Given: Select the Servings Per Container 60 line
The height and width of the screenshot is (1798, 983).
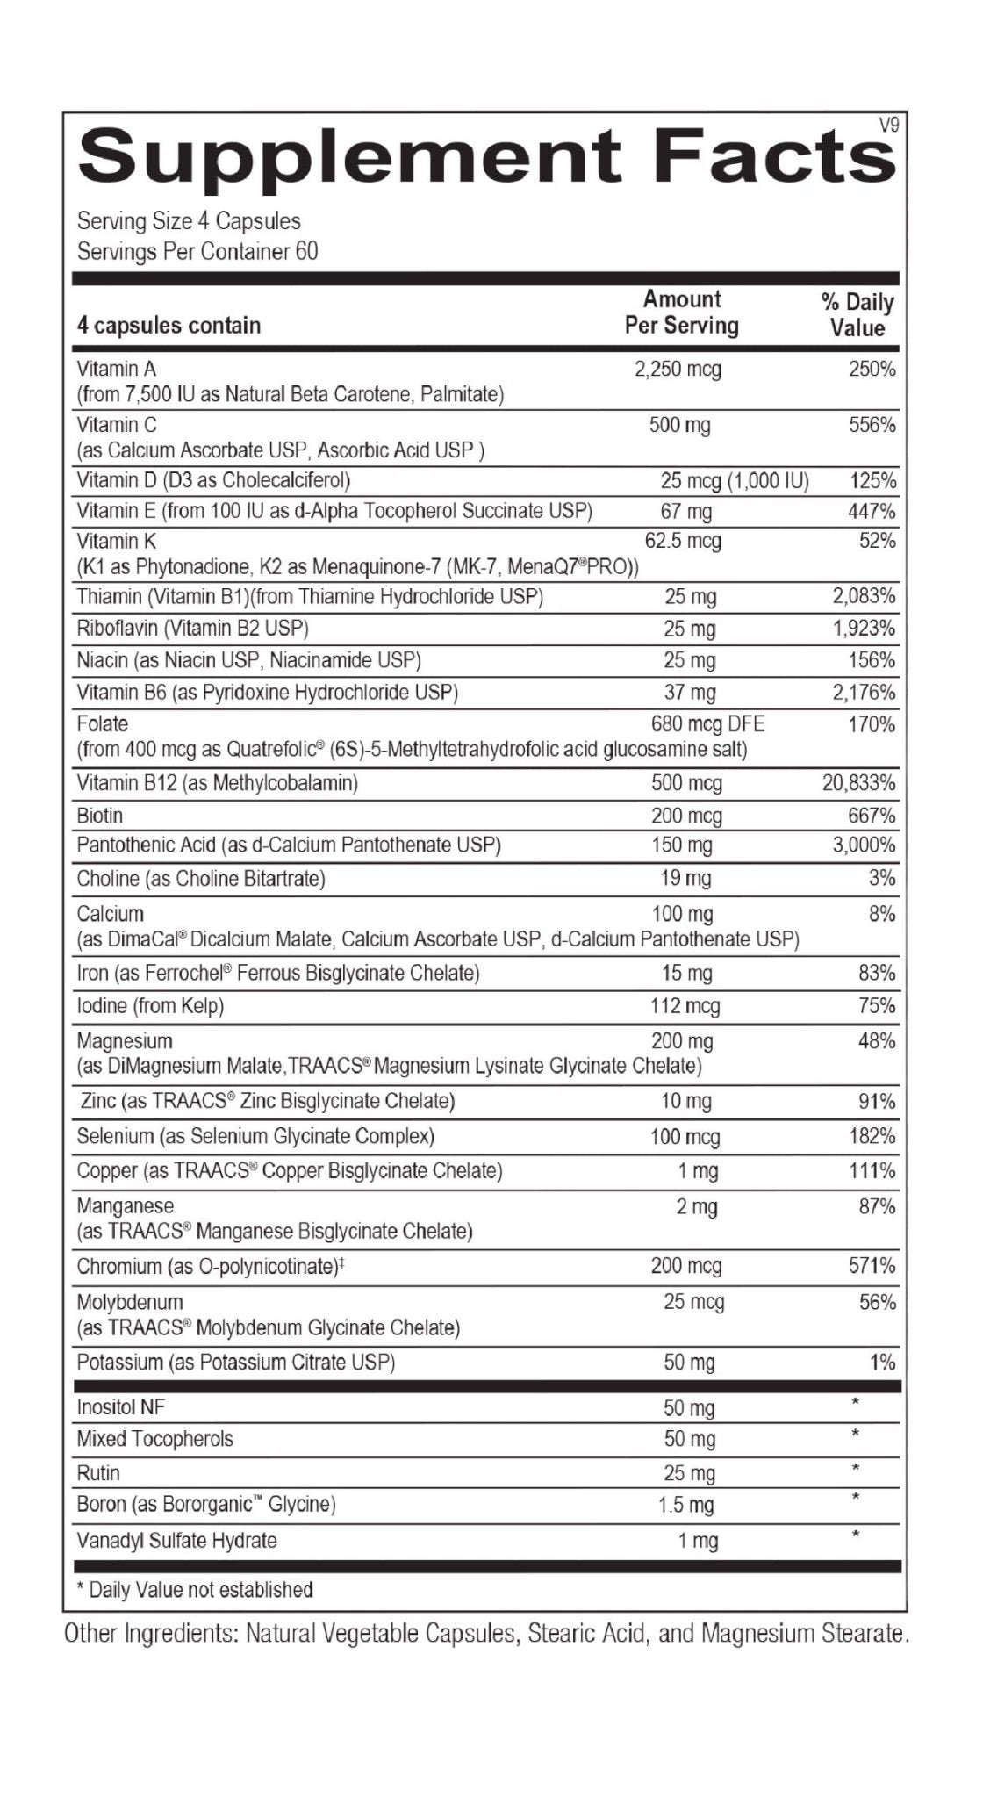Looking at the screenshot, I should (x=197, y=252).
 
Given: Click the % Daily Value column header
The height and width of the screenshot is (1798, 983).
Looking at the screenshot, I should (x=857, y=315).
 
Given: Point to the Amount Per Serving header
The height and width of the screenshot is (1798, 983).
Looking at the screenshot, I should (x=682, y=313).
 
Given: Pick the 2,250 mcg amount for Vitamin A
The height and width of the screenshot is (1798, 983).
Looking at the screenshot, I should (x=678, y=370).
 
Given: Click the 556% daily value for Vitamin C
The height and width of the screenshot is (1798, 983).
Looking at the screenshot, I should (x=872, y=427).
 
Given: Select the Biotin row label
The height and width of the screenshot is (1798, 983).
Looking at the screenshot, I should (x=100, y=816).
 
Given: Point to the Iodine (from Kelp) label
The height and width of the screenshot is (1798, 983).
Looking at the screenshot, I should (x=150, y=1006).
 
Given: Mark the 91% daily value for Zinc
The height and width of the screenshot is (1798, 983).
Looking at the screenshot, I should (x=877, y=1102).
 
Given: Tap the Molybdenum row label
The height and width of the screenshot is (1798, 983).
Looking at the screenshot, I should (x=130, y=1302).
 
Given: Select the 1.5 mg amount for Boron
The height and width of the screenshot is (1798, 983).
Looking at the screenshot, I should (x=686, y=1505).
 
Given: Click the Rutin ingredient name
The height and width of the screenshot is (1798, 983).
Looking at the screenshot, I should (x=98, y=1473).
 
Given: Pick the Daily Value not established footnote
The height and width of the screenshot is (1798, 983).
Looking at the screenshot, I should (x=195, y=1590).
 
